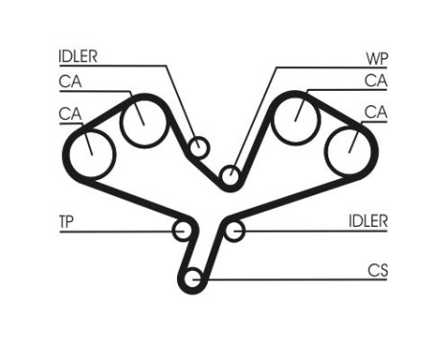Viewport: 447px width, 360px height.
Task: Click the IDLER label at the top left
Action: tap(78, 56)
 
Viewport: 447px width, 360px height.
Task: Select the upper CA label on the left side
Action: tap(70, 81)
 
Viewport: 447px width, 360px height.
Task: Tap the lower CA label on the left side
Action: tap(70, 114)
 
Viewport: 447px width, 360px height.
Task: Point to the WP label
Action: tap(376, 56)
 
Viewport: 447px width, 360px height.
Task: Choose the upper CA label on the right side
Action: tap(375, 81)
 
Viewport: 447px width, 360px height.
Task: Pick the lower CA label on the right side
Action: tap(375, 114)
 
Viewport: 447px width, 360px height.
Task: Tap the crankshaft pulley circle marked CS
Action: tap(192, 281)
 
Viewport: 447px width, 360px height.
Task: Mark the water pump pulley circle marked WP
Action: tap(229, 176)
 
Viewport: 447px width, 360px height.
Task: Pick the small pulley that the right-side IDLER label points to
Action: tap(235, 230)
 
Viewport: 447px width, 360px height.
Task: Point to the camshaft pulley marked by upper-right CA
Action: tap(295, 119)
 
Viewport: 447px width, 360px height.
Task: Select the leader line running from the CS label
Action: tap(287, 280)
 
